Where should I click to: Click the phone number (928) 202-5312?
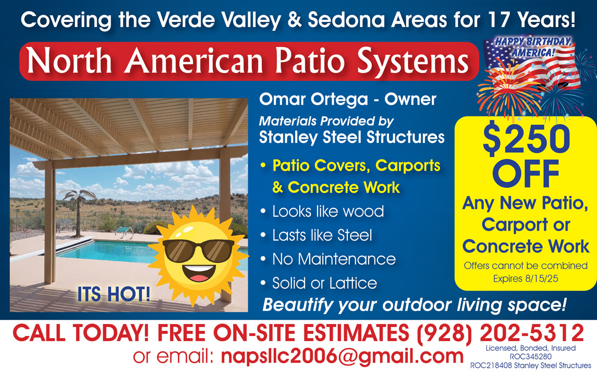point(501,333)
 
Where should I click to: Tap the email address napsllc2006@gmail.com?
point(342,356)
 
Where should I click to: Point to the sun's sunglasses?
point(198,250)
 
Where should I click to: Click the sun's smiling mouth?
point(198,272)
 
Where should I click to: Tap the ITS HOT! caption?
point(114,294)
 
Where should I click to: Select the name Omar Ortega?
point(313,100)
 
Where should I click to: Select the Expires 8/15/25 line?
point(526,279)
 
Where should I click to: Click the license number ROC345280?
point(530,357)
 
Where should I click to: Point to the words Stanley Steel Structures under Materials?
point(352,137)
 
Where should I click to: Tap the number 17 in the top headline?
point(498,20)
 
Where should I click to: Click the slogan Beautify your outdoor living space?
point(414,305)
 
